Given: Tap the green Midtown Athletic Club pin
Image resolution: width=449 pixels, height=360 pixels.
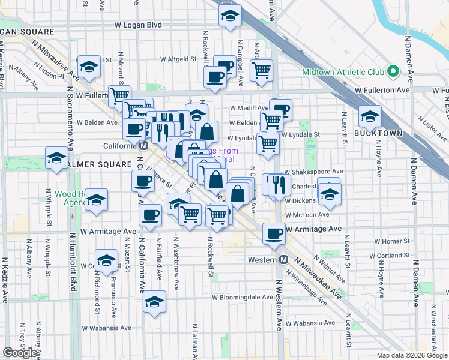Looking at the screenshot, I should (393, 72).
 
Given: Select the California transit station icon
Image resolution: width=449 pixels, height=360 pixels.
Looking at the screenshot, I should (144, 146).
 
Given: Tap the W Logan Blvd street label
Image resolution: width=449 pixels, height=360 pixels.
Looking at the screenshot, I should (138, 26).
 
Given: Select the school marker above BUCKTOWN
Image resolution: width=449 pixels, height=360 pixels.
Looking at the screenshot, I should (369, 114).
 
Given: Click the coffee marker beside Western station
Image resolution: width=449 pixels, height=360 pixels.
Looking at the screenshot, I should (274, 233).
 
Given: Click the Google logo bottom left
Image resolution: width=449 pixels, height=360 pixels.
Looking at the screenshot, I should (20, 353).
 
